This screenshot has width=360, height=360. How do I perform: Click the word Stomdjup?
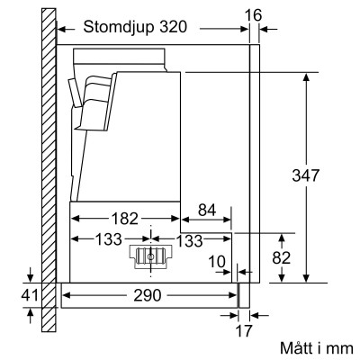[115, 28]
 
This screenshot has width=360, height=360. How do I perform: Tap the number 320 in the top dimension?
[171, 28]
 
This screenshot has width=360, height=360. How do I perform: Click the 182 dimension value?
[126, 218]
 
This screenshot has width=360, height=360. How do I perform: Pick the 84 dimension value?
[205, 211]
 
